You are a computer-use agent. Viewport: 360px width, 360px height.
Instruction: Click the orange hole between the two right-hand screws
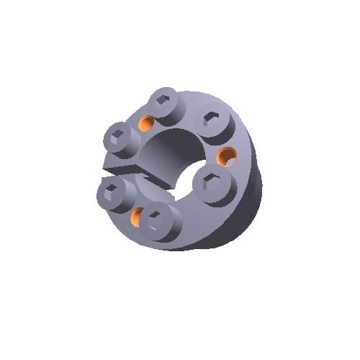pos(228,154)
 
